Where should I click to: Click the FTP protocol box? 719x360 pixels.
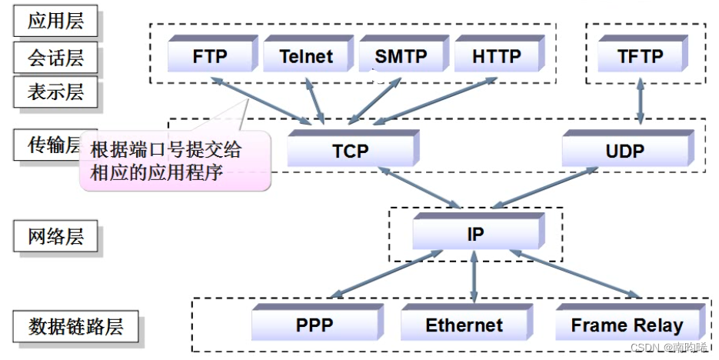point(210,56)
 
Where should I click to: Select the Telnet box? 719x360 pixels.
point(306,56)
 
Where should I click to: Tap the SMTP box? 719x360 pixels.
point(401,56)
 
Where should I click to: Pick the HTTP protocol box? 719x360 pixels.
point(496,56)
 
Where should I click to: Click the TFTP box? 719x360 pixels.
point(640,56)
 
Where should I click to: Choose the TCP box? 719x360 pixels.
point(351,151)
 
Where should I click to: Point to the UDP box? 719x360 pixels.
point(624,151)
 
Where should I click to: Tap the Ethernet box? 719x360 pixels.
point(464,325)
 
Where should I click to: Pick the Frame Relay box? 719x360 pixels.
point(627,325)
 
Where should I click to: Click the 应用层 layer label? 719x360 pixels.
point(55,21)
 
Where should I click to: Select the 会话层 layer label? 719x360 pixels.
point(55,57)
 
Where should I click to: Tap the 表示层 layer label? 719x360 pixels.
point(55,93)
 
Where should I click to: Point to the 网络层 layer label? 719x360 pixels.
point(55,235)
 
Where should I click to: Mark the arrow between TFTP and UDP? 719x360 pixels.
point(640,102)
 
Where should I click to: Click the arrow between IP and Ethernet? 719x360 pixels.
point(474,275)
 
